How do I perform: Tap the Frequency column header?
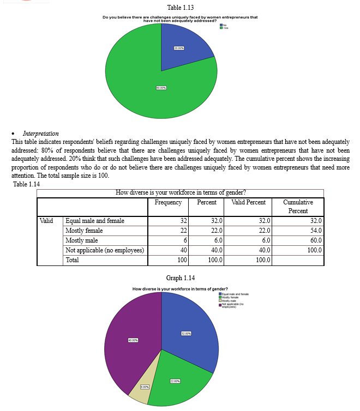(168, 202)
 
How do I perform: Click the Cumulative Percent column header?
(298, 206)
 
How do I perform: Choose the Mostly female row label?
(84, 231)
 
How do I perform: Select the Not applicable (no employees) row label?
(104, 250)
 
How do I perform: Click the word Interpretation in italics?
(41, 133)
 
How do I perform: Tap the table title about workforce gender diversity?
(181, 192)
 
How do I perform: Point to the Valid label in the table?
(46, 221)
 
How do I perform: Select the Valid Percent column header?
(248, 202)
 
